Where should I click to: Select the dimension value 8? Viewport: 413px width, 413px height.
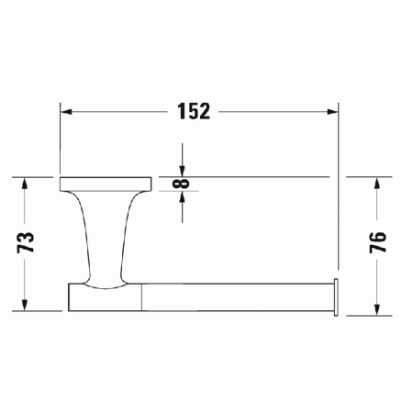pyautogui.click(x=184, y=184)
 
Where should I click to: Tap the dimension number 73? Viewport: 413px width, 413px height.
pyautogui.click(x=27, y=242)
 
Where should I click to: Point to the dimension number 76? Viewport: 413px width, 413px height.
pyautogui.click(x=376, y=243)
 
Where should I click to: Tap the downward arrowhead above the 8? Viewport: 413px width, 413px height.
pyautogui.click(x=184, y=170)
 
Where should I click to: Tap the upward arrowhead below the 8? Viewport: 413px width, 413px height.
pyautogui.click(x=184, y=198)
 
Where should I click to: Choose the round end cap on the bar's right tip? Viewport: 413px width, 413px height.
pyautogui.click(x=337, y=296)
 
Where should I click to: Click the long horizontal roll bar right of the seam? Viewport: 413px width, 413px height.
pyautogui.click(x=239, y=297)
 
